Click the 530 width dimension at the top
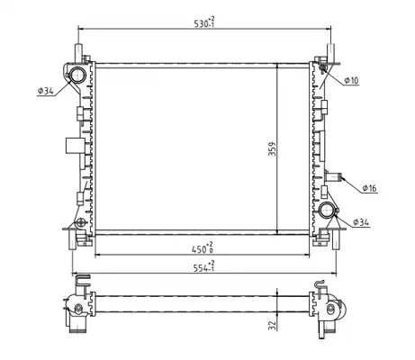(x=204, y=22)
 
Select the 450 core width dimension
(x=203, y=248)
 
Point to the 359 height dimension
(x=272, y=148)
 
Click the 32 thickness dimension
(x=272, y=325)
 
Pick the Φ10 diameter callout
(x=351, y=80)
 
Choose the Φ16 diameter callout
(x=369, y=188)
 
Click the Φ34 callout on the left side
(x=46, y=91)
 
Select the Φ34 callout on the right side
(x=361, y=222)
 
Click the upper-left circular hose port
(x=77, y=74)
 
